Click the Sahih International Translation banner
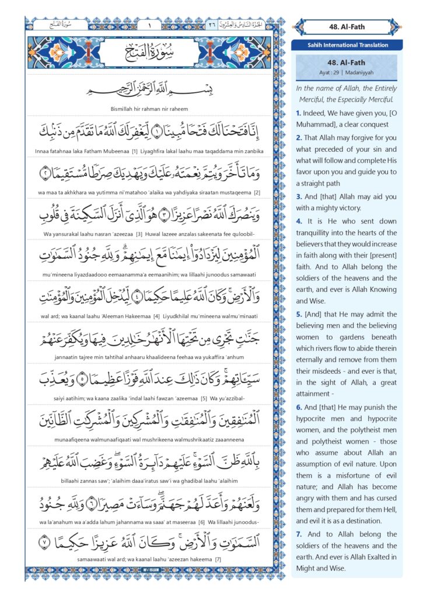[348, 44]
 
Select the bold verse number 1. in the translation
[298, 113]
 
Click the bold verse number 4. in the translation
[298, 221]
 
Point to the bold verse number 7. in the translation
[299, 534]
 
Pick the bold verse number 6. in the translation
[298, 407]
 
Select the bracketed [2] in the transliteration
[257, 192]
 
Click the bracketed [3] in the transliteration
[139, 234]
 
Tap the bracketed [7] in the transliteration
[218, 565]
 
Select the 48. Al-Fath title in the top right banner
[348, 26]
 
